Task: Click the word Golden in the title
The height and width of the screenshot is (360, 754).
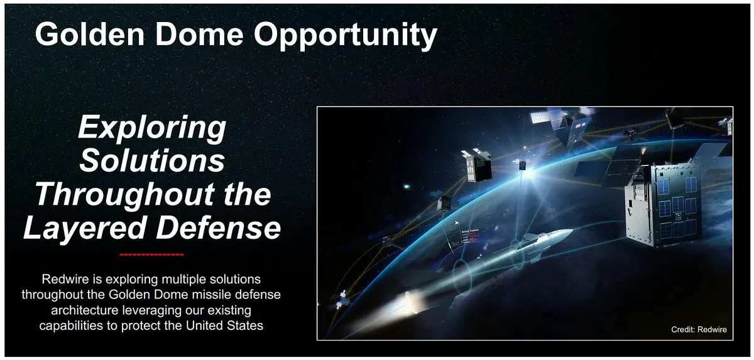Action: click(x=90, y=34)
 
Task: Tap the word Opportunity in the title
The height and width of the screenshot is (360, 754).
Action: click(x=346, y=36)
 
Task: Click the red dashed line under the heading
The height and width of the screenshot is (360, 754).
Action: click(x=152, y=254)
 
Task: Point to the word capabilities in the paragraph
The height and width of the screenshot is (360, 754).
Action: click(x=72, y=326)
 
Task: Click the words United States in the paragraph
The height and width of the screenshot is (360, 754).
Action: click(x=224, y=325)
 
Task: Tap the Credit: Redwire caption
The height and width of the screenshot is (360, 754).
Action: click(x=699, y=329)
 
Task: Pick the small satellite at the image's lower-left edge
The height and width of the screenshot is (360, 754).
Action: click(x=342, y=300)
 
